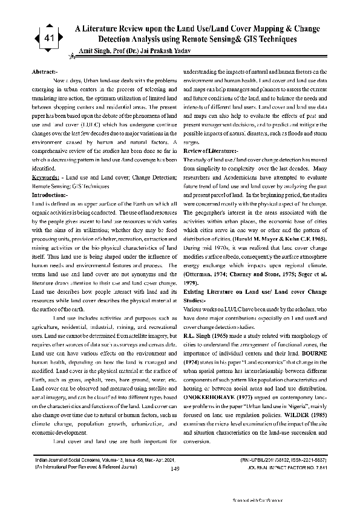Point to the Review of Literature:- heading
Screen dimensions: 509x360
click(x=211, y=149)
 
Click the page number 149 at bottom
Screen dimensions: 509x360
click(x=175, y=468)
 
